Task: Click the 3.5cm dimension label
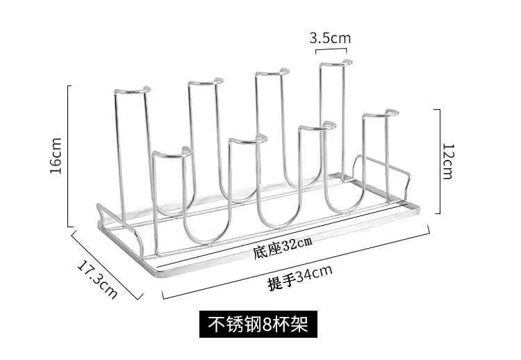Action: [x=330, y=38]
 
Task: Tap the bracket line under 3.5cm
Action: [x=331, y=49]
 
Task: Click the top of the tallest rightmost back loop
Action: [x=332, y=65]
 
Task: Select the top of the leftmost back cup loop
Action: [x=131, y=90]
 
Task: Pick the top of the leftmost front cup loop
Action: [x=168, y=152]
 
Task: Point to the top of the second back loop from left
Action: [x=204, y=82]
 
